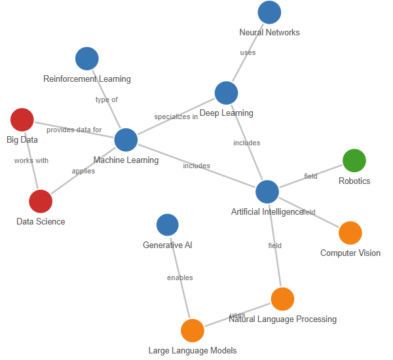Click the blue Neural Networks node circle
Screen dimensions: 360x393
tap(269, 12)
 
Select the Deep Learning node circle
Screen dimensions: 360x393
tap(226, 93)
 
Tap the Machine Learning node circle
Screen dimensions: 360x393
tap(126, 140)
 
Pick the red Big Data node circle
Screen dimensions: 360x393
tap(22, 120)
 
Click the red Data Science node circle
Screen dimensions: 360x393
tap(41, 202)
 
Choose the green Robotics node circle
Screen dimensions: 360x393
tap(354, 160)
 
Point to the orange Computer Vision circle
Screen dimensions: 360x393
tap(350, 233)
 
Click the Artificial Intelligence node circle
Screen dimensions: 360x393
tap(267, 192)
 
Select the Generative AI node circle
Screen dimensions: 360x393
tap(168, 225)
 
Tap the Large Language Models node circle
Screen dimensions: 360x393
tap(193, 331)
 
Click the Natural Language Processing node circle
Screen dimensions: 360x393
tap(282, 299)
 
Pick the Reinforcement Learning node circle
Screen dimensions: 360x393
tap(87, 58)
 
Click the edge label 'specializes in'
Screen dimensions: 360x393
tap(176, 117)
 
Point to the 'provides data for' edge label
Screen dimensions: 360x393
tap(74, 130)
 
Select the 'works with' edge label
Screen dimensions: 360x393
tap(31, 160)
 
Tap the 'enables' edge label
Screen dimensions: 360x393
tap(180, 278)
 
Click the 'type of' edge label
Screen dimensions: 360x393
tap(107, 100)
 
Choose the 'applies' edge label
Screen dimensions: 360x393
tap(83, 171)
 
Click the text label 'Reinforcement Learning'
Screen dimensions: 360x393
tap(87, 79)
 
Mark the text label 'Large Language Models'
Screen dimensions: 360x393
tap(193, 350)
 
